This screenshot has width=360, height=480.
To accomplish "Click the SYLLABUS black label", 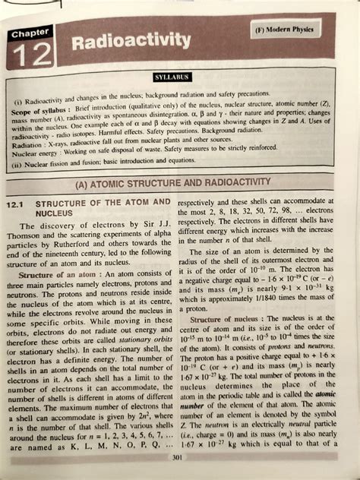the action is coord(174,77).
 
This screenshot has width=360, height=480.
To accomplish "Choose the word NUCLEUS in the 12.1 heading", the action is coord(55,214).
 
